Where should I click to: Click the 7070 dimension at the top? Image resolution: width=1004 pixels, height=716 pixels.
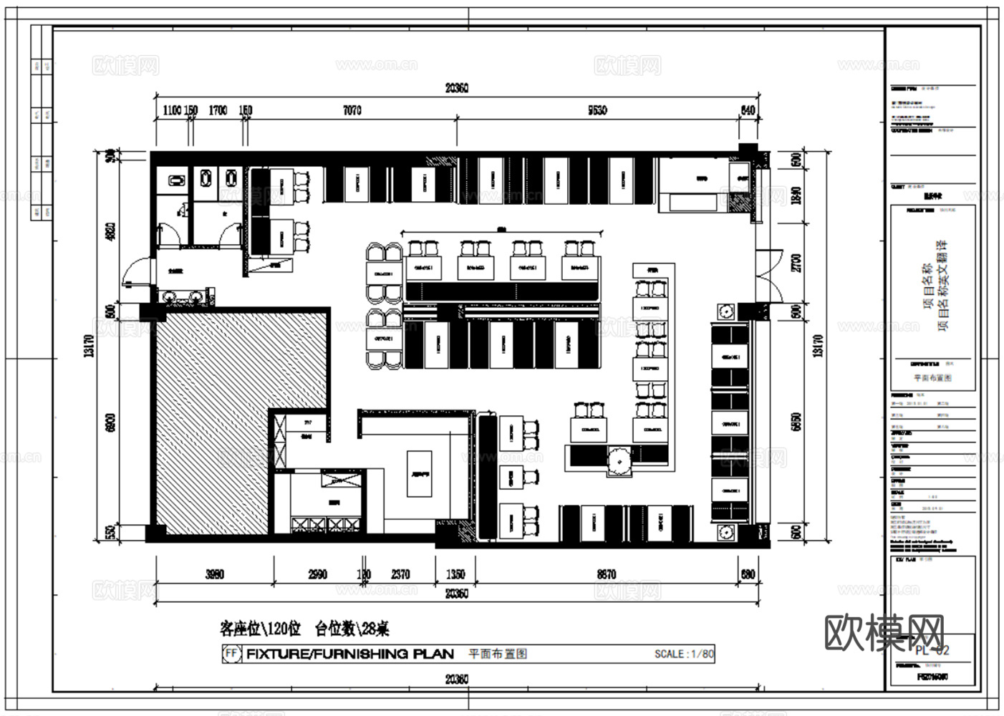coord(352,110)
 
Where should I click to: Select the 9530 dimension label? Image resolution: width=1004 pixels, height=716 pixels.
coord(597,110)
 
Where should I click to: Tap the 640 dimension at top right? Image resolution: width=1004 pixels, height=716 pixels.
coord(748,110)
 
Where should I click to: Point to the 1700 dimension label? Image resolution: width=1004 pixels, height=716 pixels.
coord(218,110)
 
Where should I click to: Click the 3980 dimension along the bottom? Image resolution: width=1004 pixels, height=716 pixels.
coord(214,574)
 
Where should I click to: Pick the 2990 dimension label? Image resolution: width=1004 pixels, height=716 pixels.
coord(317,574)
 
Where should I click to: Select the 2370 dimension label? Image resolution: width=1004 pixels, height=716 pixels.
coord(400,574)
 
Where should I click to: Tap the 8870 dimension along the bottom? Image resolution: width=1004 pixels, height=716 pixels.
coord(606,574)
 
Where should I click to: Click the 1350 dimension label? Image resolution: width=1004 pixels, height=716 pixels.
coord(455,574)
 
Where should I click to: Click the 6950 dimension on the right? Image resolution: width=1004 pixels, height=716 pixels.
coord(796,422)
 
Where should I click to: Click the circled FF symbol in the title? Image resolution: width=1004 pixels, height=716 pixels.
coord(231,654)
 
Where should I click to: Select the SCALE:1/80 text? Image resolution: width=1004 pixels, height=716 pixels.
coord(684,654)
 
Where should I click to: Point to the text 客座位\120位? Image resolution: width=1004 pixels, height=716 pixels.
coord(260,629)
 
